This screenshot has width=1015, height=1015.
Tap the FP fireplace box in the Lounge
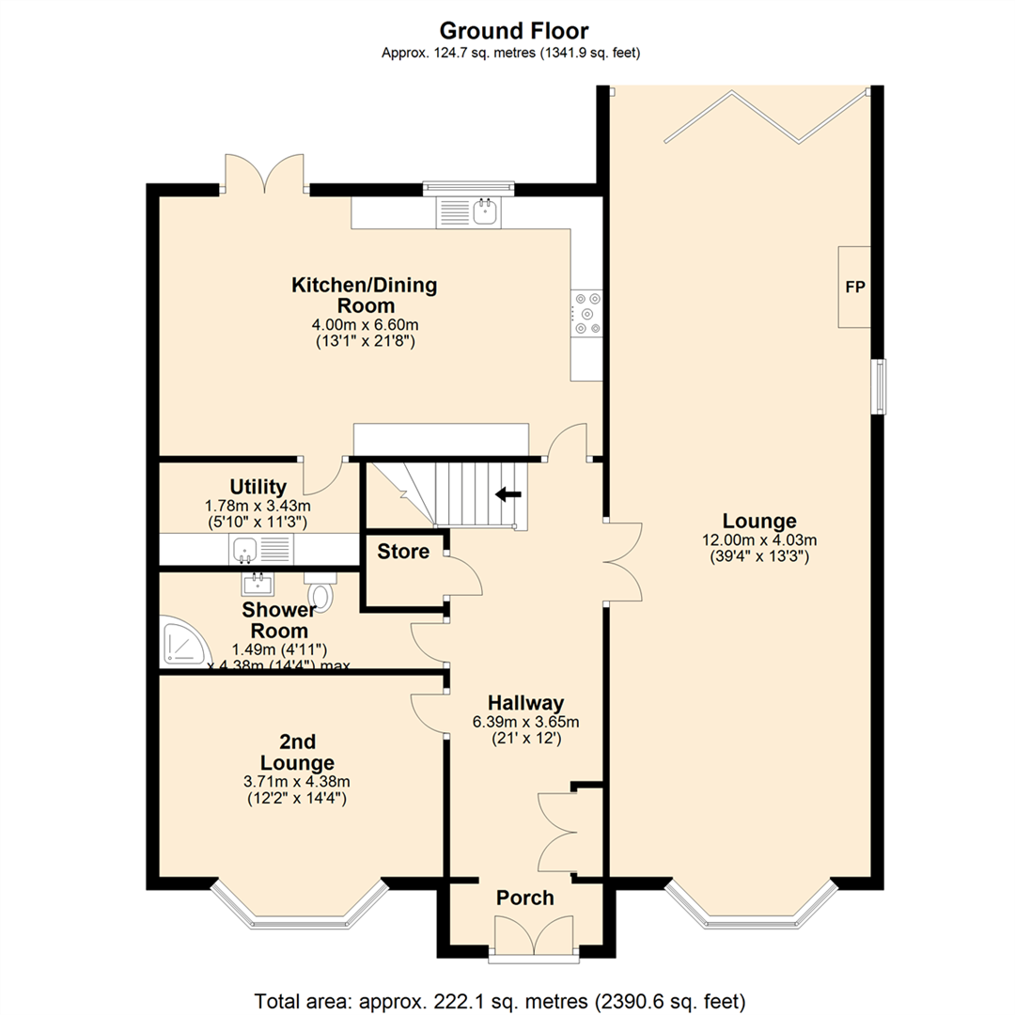854,288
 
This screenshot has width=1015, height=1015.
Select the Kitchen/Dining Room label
366,295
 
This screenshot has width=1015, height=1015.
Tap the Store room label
403,552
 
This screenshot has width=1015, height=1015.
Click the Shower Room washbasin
257,585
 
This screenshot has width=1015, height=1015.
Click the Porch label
525,898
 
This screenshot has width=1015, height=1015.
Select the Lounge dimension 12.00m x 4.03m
759,540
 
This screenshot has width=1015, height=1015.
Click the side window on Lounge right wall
878,386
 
